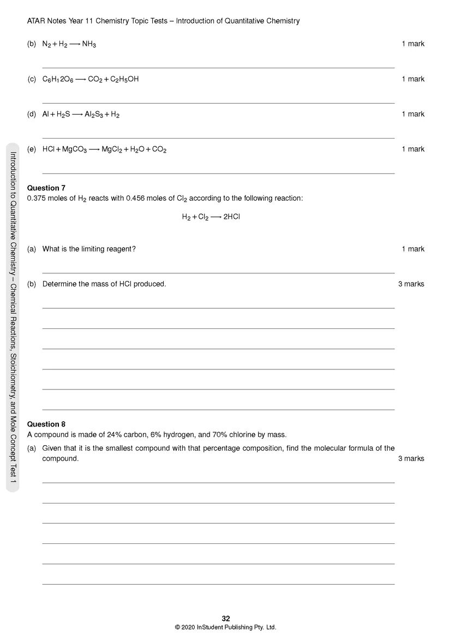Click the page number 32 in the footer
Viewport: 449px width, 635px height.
(226, 618)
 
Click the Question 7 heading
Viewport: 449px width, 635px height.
(46, 188)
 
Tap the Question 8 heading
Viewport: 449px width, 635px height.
(46, 424)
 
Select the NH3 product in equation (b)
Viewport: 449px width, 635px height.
(89, 44)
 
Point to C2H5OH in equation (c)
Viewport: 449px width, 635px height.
(124, 80)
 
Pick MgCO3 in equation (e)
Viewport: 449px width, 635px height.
(75, 149)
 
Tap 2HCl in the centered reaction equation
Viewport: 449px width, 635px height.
(231, 217)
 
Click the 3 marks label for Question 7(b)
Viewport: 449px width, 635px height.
(411, 284)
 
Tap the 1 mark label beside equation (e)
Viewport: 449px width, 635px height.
(413, 149)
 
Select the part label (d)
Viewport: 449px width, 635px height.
(32, 115)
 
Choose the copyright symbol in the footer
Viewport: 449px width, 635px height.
(177, 627)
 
